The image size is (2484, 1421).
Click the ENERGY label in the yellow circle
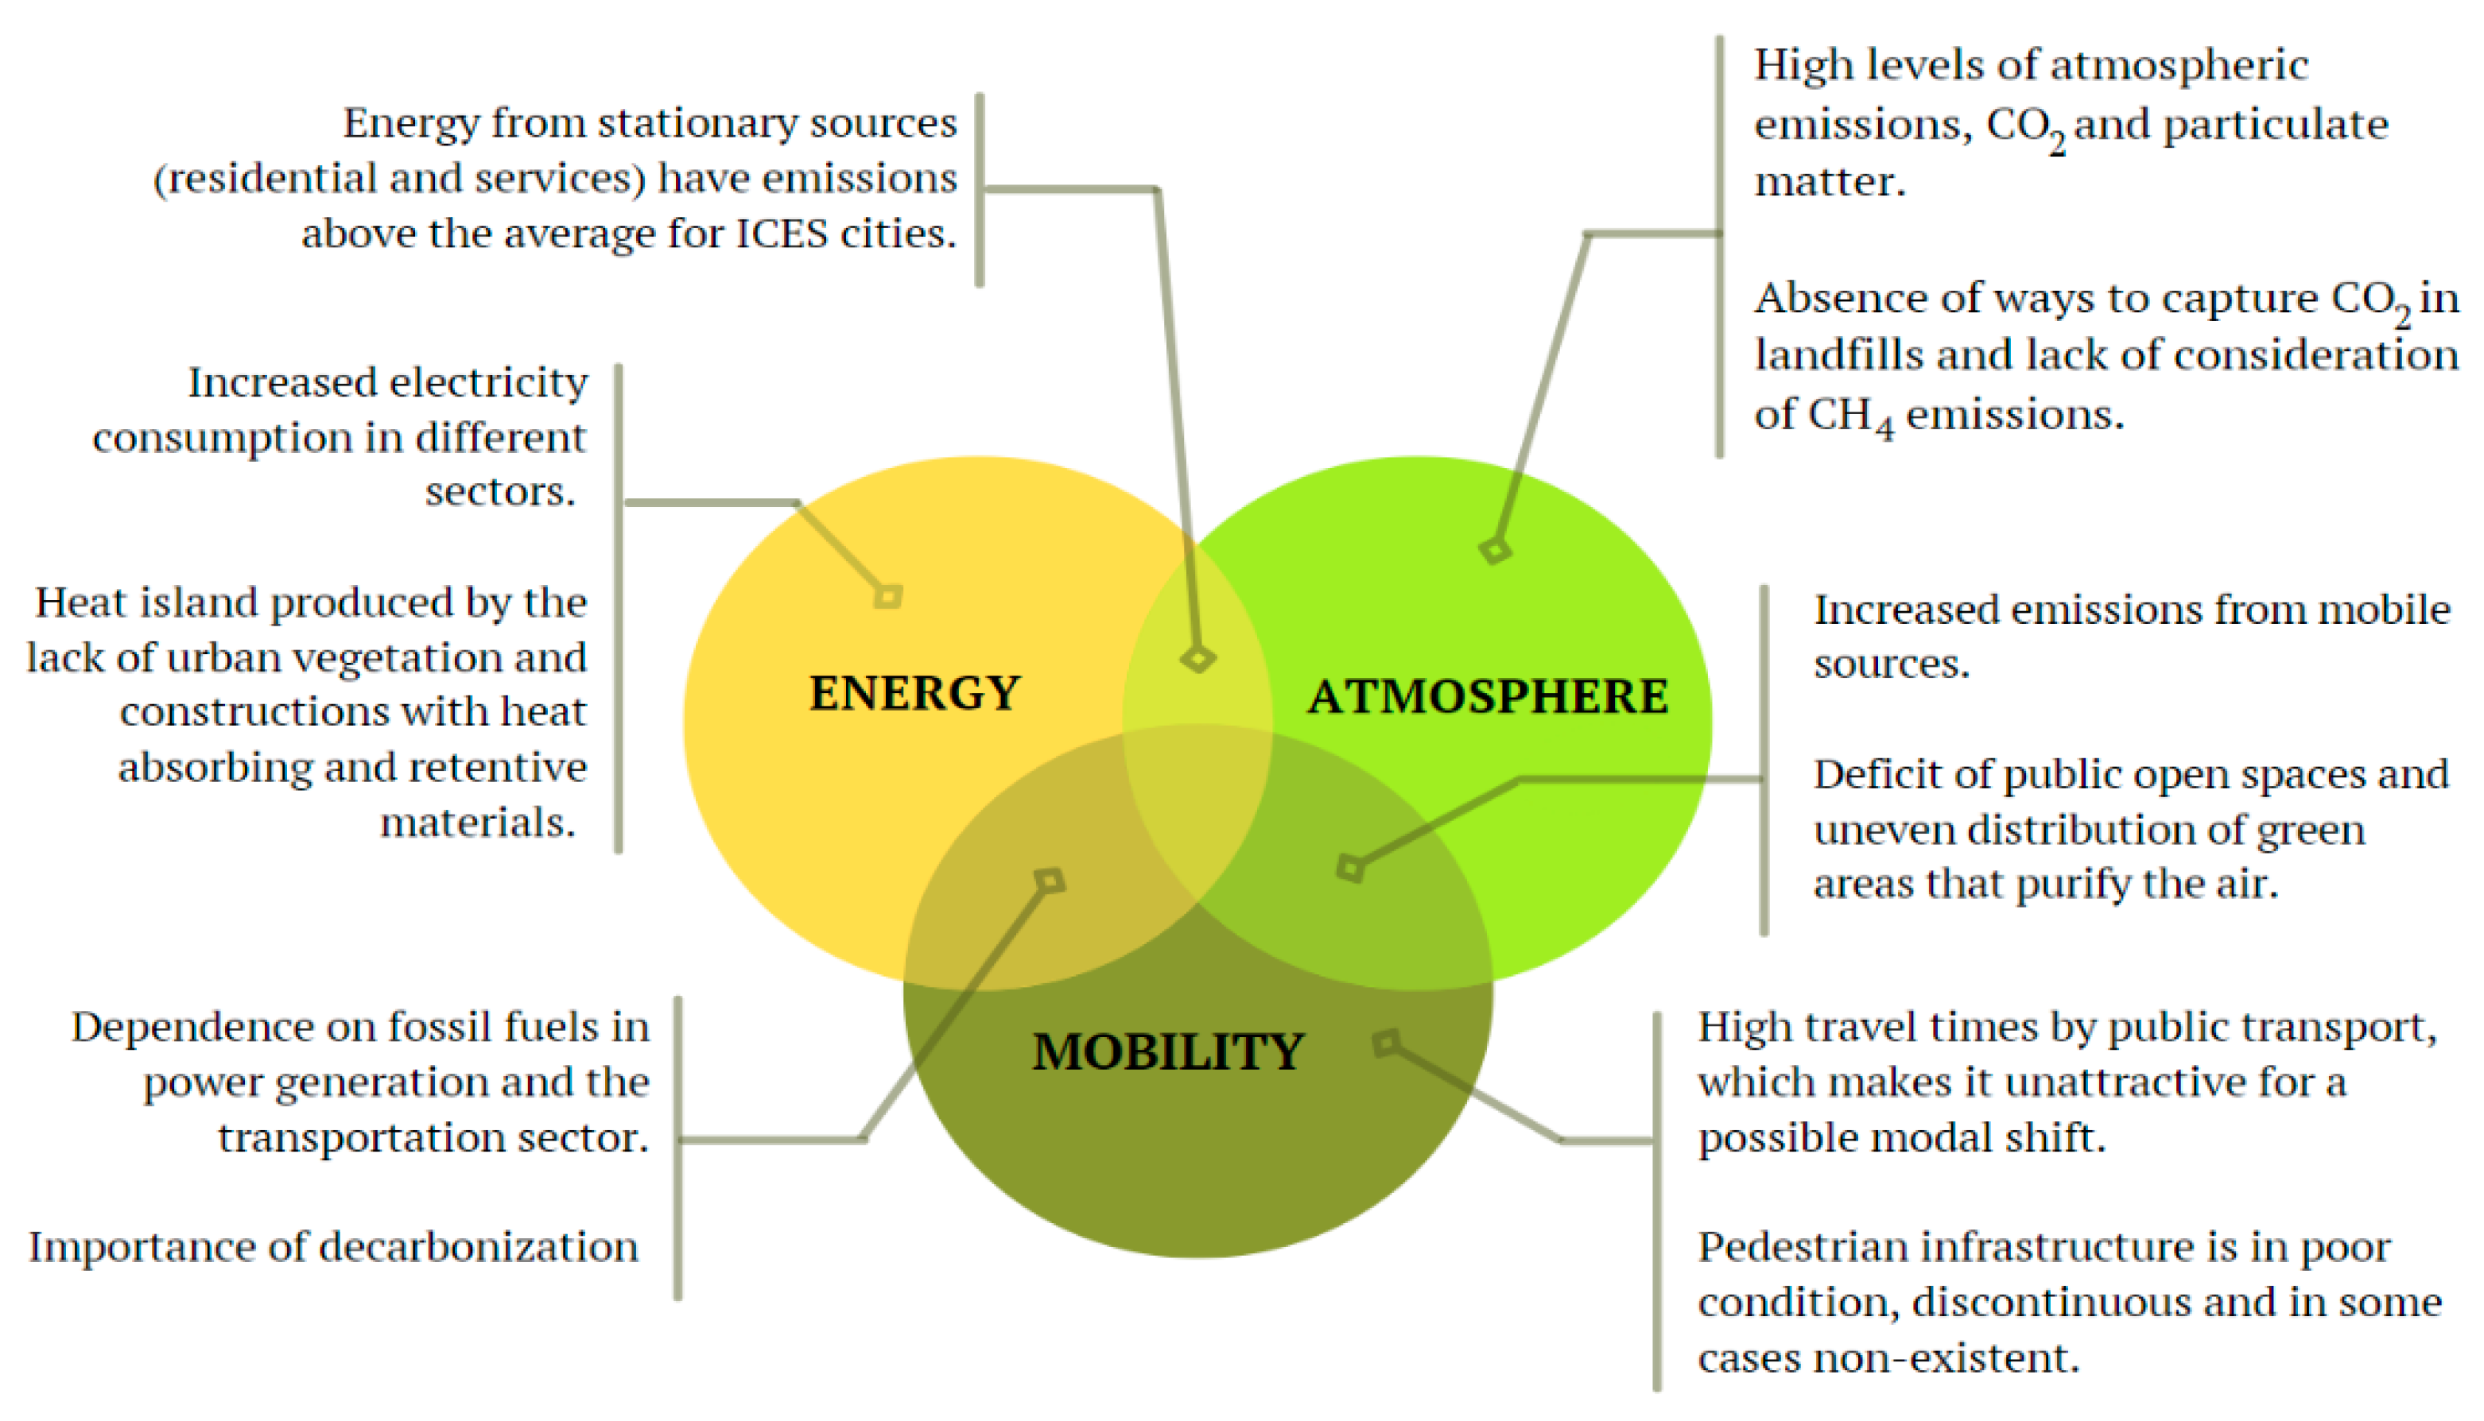915,693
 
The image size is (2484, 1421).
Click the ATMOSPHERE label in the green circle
1488,697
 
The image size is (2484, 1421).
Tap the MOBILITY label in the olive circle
1168,1052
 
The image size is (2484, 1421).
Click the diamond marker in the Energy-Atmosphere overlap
1198,658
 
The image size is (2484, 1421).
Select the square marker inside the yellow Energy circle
887,595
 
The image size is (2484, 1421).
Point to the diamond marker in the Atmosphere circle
1495,551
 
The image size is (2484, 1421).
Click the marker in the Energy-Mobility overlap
1050,881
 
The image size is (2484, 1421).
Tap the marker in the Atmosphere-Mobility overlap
1350,868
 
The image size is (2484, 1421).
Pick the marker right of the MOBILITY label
1386,1043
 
